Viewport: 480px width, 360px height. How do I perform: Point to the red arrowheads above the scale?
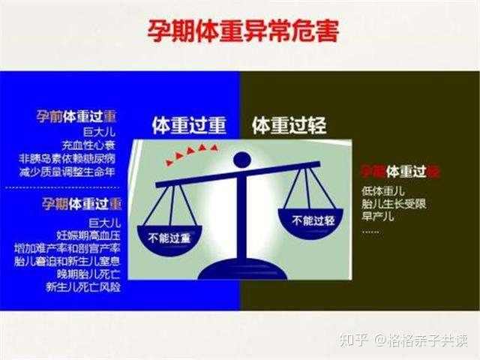(190, 154)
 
